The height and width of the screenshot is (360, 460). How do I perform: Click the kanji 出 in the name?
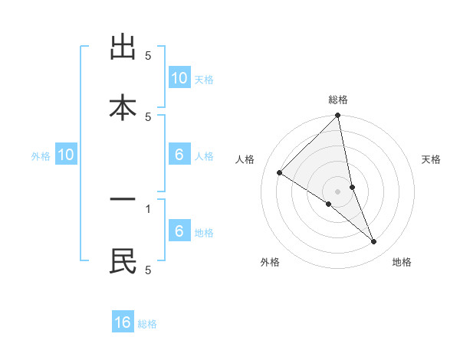[123, 48]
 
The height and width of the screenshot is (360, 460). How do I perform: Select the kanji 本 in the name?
[123, 106]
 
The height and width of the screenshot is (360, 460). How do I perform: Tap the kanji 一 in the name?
[123, 201]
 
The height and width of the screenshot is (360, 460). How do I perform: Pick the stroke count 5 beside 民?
[148, 270]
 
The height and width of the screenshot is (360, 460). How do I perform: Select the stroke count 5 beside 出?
[148, 56]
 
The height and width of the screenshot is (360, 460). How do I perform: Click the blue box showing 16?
[123, 322]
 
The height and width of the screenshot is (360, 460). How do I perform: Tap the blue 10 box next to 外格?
[66, 155]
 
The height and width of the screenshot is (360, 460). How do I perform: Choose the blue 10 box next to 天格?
[179, 78]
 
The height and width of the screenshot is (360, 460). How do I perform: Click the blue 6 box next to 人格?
[179, 155]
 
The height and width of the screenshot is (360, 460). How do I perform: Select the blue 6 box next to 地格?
[179, 231]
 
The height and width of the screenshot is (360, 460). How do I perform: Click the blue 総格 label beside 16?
[147, 324]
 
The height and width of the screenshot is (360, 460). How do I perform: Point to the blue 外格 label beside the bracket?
[41, 156]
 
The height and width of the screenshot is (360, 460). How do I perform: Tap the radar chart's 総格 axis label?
[338, 100]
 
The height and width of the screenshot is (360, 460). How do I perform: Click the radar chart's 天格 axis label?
[431, 159]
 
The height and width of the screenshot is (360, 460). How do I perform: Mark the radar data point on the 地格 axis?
[374, 242]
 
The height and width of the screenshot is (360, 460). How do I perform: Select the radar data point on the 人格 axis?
[280, 173]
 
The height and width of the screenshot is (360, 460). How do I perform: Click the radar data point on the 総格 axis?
[337, 116]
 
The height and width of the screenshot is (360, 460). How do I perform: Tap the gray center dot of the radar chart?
[337, 191]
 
